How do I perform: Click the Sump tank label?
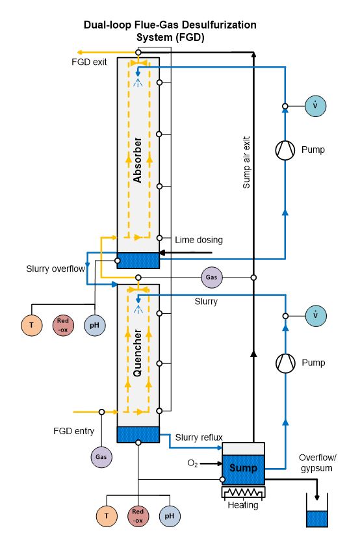(x=243, y=467)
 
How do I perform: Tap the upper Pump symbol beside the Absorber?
(x=285, y=150)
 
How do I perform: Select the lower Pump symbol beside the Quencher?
(x=285, y=363)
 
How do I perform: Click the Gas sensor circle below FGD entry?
(x=101, y=457)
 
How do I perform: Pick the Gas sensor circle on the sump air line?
(x=211, y=277)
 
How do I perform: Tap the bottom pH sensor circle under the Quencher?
(x=170, y=516)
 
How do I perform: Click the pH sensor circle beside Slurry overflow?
(x=95, y=325)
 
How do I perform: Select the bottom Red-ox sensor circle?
(x=138, y=516)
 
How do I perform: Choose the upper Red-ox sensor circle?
(x=63, y=325)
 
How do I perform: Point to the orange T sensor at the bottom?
(x=107, y=516)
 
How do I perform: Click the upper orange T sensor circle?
(x=32, y=325)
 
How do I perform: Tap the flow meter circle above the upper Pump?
(x=315, y=106)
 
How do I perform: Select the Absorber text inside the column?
(x=138, y=160)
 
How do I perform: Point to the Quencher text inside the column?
(x=138, y=353)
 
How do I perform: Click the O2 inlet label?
(x=192, y=463)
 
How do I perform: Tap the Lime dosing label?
(x=199, y=240)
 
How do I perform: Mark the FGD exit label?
(x=89, y=62)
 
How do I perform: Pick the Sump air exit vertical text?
(x=246, y=162)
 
